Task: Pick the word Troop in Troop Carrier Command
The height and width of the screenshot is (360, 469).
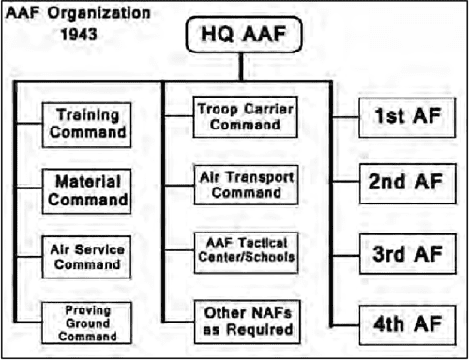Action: tap(219, 109)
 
